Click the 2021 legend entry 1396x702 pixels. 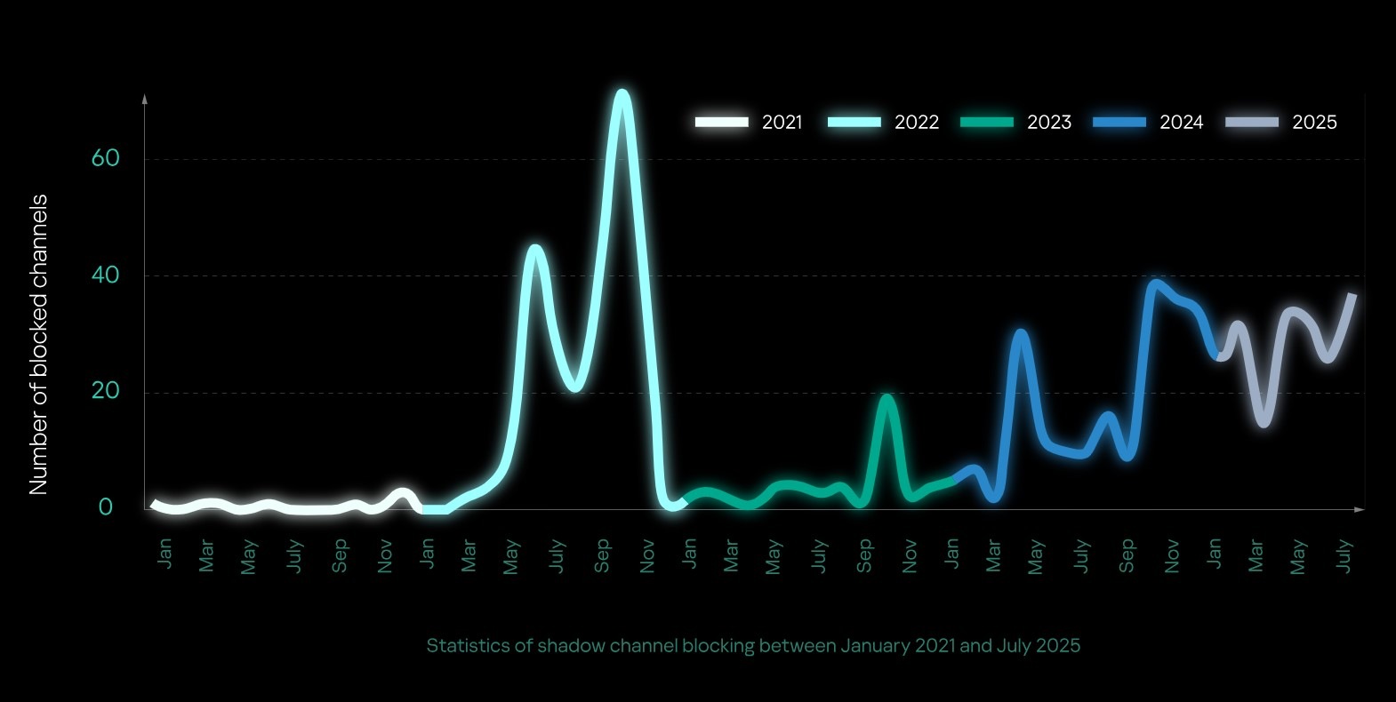point(749,123)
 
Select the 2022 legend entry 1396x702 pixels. point(882,123)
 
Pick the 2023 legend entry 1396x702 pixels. point(1015,123)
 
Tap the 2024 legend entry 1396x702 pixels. point(1147,123)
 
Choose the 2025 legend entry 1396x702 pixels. point(1280,123)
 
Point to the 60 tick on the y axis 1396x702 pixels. point(105,158)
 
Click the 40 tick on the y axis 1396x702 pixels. point(105,275)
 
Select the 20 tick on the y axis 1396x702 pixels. point(105,391)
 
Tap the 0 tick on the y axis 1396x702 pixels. point(106,507)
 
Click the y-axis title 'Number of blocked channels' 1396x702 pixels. point(37,345)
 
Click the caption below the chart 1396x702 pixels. point(753,646)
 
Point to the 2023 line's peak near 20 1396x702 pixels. point(886,398)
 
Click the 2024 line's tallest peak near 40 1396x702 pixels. point(1155,283)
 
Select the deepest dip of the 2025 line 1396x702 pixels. point(1264,421)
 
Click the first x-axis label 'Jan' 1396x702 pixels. point(164,553)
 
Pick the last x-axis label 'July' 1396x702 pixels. point(1344,556)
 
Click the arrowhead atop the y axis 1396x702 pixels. point(144,99)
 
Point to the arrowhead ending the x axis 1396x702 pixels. point(1359,509)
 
